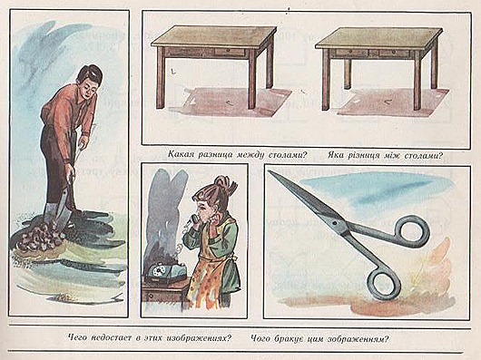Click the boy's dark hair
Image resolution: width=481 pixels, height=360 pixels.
[x=90, y=74]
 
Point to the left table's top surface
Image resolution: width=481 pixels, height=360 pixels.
[x=214, y=36]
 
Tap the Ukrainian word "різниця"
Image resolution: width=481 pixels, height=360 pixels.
[x=364, y=155]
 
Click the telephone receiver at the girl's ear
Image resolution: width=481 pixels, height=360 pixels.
[x=194, y=219]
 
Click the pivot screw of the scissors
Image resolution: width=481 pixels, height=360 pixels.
[x=335, y=223]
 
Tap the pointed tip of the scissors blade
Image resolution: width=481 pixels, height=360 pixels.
[x=269, y=171]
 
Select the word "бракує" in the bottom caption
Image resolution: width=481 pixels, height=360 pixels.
[x=286, y=338]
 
